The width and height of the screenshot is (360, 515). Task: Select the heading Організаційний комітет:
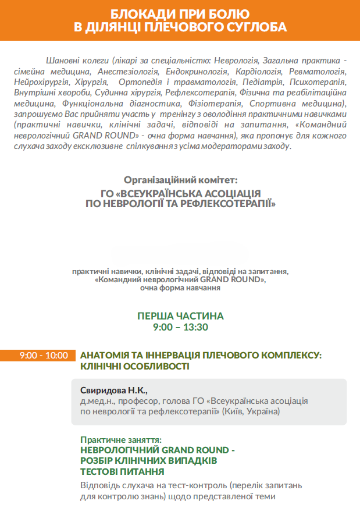click(x=180, y=181)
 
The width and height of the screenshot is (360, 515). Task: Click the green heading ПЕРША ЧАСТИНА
click(x=180, y=316)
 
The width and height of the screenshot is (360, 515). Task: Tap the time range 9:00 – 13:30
click(x=180, y=327)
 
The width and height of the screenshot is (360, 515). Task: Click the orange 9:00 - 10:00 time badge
click(x=43, y=356)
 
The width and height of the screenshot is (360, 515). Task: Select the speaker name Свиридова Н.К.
click(x=110, y=390)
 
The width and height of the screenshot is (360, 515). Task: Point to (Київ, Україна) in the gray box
click(x=252, y=411)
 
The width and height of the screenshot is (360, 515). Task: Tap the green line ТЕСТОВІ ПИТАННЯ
click(x=122, y=471)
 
